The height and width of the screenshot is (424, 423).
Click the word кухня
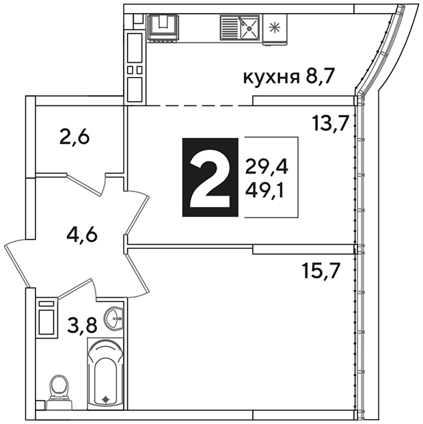[272, 78]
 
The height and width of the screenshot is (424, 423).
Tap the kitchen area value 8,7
[320, 76]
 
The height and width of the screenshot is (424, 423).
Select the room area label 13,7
[330, 123]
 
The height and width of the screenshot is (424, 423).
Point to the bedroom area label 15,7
[320, 270]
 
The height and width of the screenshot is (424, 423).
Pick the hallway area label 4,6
[82, 235]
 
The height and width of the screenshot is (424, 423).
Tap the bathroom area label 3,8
[82, 325]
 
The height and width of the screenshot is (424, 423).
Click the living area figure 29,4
[267, 168]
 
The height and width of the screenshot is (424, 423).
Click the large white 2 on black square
[210, 177]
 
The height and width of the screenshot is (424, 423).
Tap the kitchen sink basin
[250, 27]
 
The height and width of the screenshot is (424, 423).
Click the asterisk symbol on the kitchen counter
[275, 27]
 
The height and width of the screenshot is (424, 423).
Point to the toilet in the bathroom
[59, 392]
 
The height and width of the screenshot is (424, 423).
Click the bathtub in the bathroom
[105, 373]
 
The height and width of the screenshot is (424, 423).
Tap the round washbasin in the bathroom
[113, 319]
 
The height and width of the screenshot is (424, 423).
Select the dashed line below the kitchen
[200, 106]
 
